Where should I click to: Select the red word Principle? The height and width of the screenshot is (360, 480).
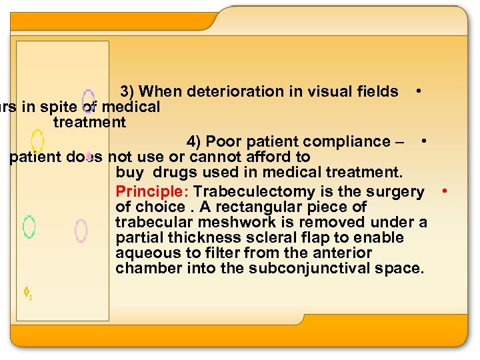point(152,192)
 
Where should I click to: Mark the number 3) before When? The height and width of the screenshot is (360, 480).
point(128,91)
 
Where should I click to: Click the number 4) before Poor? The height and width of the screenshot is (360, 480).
point(195,141)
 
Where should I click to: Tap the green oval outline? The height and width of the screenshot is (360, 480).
point(29,227)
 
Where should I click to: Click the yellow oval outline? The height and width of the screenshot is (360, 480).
point(38,140)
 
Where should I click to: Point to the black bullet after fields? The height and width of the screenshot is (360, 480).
point(417,89)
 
